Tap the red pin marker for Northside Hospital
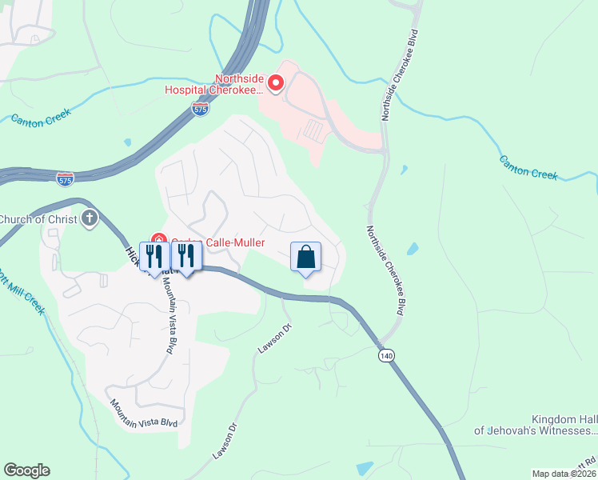[x=276, y=83]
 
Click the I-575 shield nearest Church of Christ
[x=66, y=178]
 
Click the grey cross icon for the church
[x=90, y=218]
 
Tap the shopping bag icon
[x=305, y=258]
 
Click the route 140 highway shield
[x=388, y=354]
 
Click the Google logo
[x=26, y=470]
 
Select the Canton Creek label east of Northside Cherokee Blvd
[x=528, y=166]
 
